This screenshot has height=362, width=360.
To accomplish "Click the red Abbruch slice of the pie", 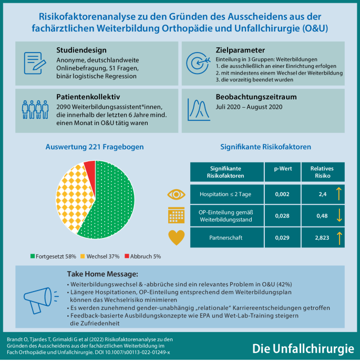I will (x=90, y=169).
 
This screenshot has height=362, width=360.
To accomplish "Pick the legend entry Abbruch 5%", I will (x=145, y=256).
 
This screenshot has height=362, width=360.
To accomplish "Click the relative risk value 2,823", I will (x=315, y=238).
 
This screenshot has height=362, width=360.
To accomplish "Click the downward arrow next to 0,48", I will (x=339, y=216).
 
